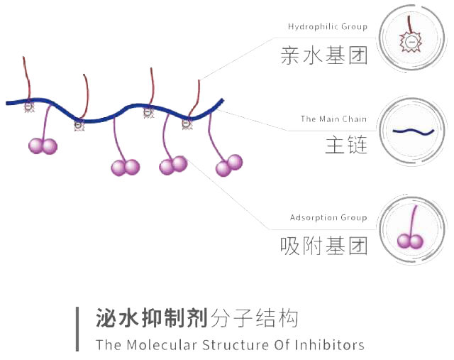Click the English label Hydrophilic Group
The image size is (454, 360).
click(328, 27)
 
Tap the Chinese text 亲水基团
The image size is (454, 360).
click(325, 56)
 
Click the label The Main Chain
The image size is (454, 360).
click(333, 119)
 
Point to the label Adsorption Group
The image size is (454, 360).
click(328, 217)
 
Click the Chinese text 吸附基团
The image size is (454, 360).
click(325, 246)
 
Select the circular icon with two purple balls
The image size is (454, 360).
click(411, 228)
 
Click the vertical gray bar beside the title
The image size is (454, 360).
click(78, 329)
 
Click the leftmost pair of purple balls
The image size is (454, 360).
click(42, 146)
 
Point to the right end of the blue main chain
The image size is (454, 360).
click(222, 101)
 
